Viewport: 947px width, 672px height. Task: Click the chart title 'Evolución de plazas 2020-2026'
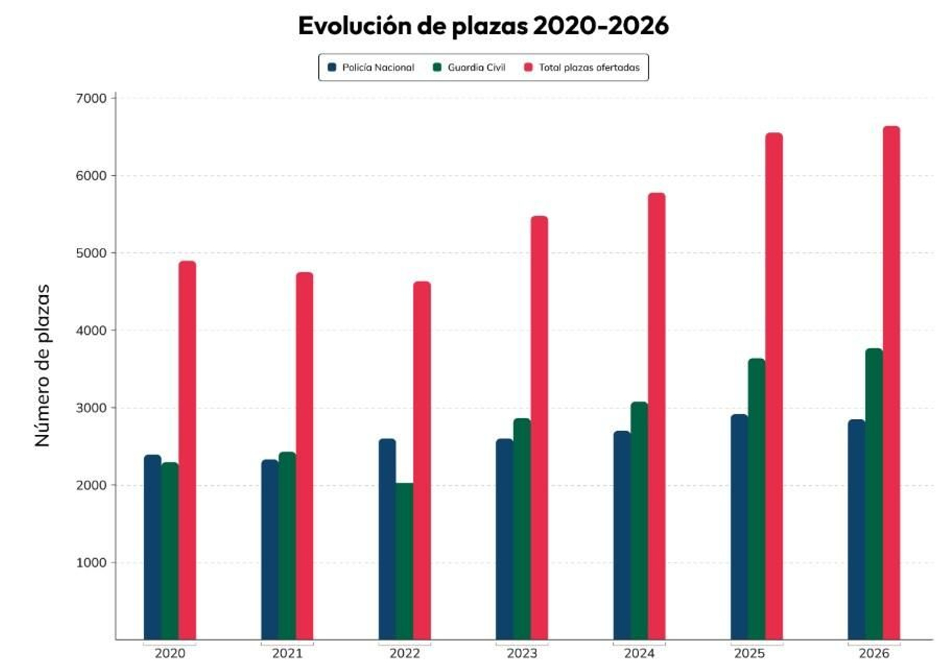[x=483, y=26]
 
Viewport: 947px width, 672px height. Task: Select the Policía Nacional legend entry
[x=371, y=67]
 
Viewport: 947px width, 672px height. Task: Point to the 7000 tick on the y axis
[x=91, y=98]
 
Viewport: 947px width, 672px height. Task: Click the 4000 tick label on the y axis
[x=91, y=331]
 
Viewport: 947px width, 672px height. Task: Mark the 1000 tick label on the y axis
[x=91, y=563]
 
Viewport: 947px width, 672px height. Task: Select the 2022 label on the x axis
[x=404, y=653]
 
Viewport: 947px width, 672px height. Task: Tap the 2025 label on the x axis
[x=749, y=653]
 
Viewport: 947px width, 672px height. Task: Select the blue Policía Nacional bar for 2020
[x=152, y=547]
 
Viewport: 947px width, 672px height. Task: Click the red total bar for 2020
[x=187, y=450]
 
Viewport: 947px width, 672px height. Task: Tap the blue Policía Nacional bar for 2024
[x=621, y=535]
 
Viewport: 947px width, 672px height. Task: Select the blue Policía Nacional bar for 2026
[x=856, y=529]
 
